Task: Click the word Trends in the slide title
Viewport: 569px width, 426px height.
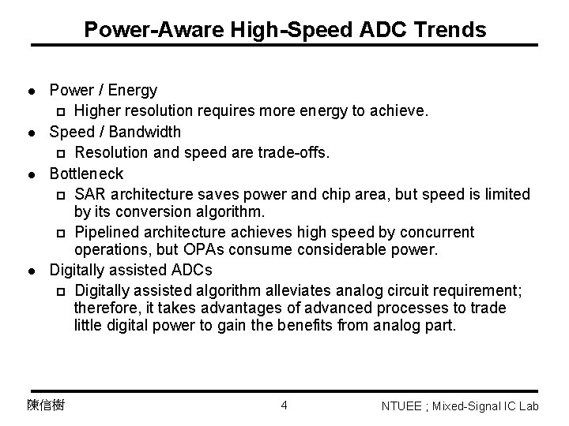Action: coord(448,30)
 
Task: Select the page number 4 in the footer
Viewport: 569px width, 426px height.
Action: coord(284,405)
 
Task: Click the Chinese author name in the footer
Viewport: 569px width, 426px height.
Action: coord(45,405)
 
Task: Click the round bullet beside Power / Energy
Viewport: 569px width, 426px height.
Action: coord(29,92)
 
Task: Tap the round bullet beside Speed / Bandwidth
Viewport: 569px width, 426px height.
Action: coord(29,133)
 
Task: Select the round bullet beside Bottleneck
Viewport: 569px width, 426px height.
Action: coord(29,174)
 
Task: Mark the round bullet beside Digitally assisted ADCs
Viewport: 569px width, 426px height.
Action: coord(29,270)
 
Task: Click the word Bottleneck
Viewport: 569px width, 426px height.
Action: coord(87,173)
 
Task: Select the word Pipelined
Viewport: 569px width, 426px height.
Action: coord(106,232)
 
